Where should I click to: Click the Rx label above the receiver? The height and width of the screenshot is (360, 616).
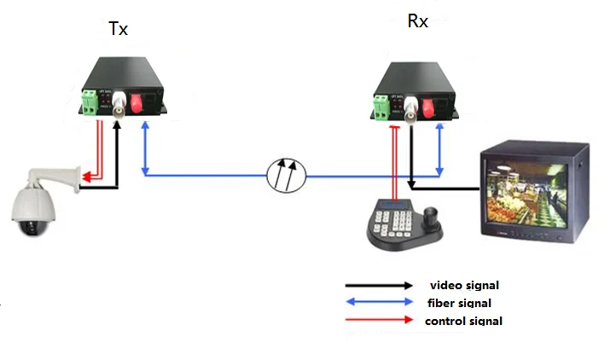pyautogui.click(x=417, y=20)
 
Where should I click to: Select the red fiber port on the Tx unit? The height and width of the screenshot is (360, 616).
pyautogui.click(x=137, y=103)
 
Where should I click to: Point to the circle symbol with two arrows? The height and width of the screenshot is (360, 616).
pyautogui.click(x=286, y=174)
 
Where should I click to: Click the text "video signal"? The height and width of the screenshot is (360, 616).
pyautogui.click(x=464, y=284)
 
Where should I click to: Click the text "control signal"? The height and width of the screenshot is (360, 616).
pyautogui.click(x=463, y=321)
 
